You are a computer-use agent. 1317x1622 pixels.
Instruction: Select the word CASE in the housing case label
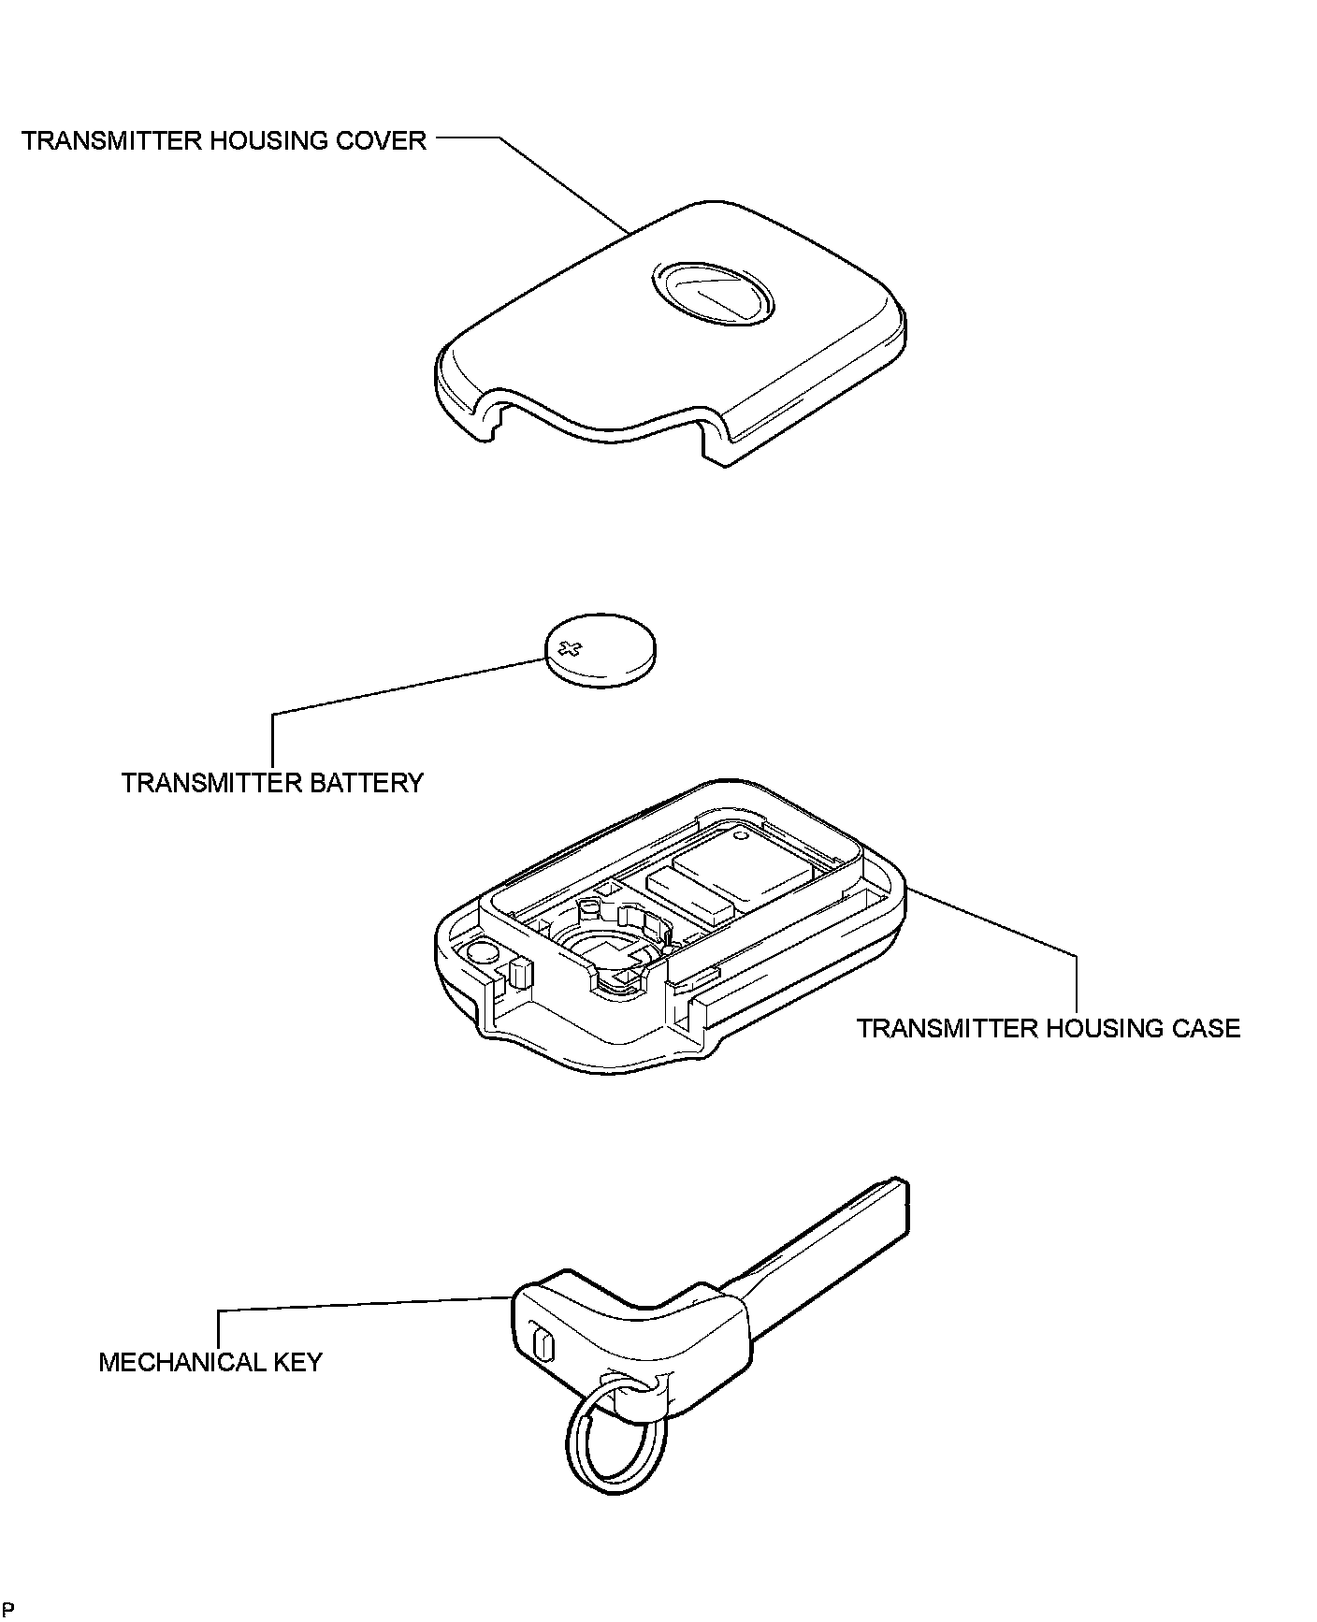(x=1205, y=1029)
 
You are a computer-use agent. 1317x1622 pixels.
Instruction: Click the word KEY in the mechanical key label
(x=297, y=1362)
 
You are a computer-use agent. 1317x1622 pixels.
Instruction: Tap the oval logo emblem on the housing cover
(x=712, y=293)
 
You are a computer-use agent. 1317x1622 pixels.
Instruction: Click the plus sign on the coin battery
(x=569, y=647)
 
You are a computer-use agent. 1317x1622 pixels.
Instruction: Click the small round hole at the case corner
(x=481, y=953)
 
